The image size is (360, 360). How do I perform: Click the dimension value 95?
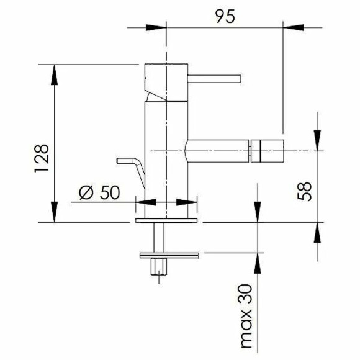(226, 17)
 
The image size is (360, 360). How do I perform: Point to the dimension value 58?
(304, 191)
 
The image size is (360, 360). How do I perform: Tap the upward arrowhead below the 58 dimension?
(317, 232)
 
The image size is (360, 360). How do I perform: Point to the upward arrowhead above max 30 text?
(256, 263)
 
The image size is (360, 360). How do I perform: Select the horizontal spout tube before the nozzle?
(217, 151)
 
